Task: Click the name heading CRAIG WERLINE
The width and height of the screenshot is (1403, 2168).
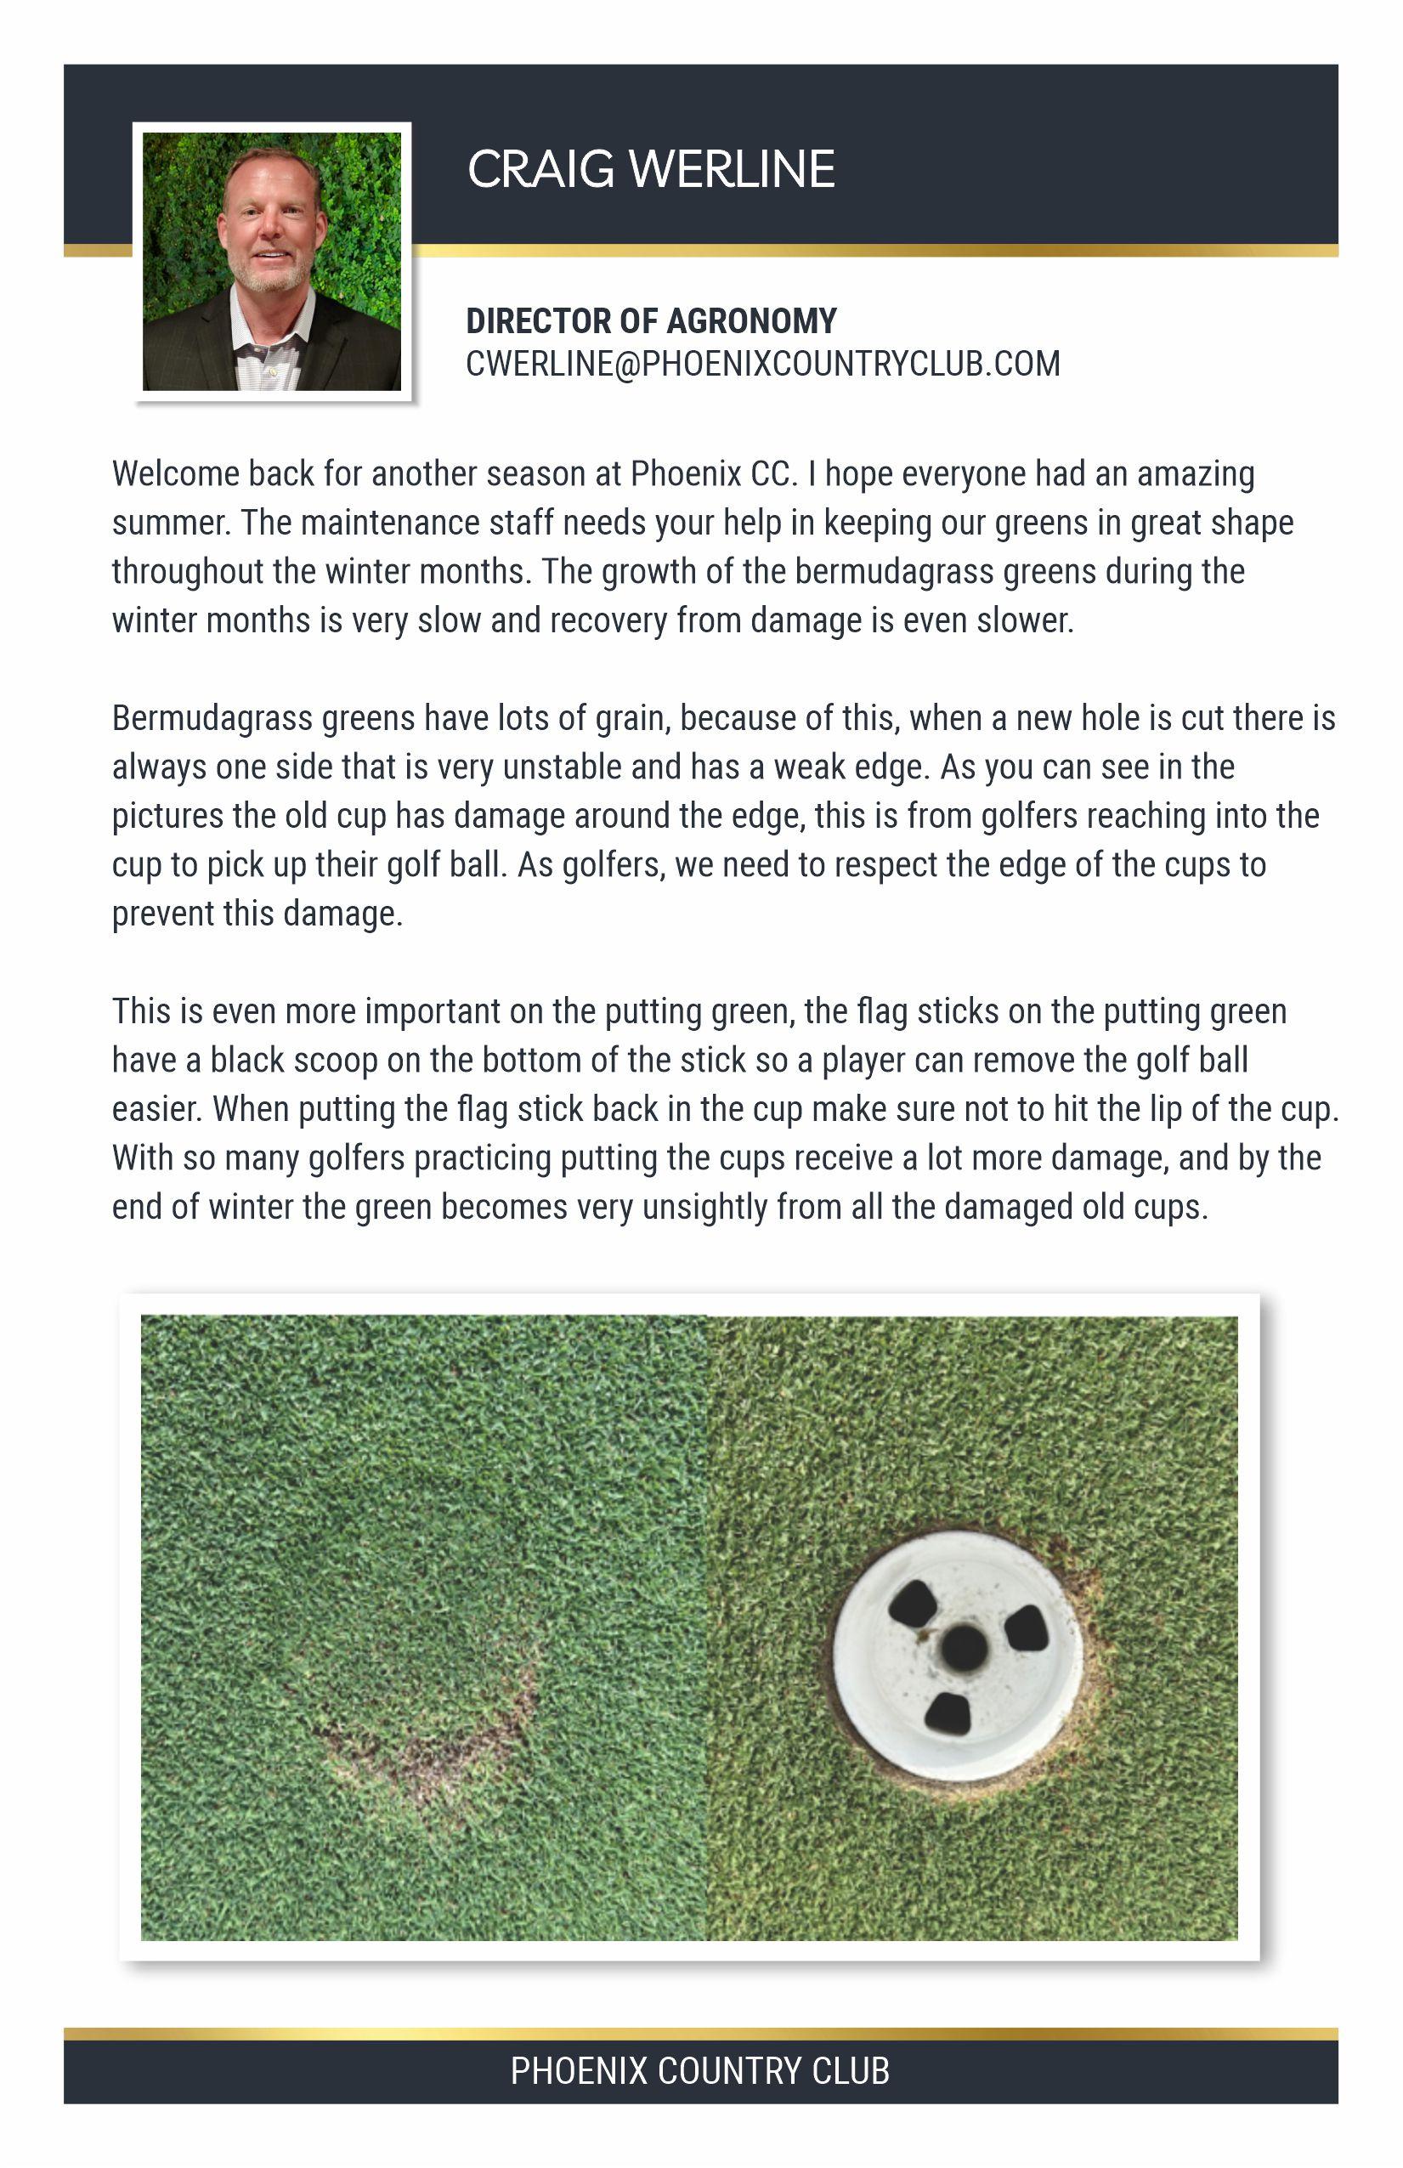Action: coord(650,169)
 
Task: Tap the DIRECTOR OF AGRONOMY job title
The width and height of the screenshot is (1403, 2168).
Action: coord(650,321)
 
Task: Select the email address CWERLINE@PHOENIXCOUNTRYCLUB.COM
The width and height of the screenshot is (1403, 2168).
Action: coord(762,364)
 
